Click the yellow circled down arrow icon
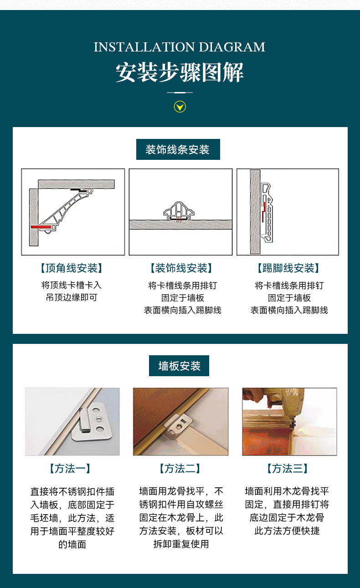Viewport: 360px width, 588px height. pos(180,107)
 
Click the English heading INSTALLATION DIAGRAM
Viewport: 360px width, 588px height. pos(180,47)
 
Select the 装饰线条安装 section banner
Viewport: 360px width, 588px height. pos(178,149)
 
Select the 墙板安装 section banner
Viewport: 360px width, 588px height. pos(179,366)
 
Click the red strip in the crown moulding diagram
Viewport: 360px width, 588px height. pos(41,227)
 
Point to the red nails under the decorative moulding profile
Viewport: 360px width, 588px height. pos(179,220)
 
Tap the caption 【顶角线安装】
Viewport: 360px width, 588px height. pos(72,268)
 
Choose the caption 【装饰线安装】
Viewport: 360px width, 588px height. pos(181,268)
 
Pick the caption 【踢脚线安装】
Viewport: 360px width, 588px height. pos(288,268)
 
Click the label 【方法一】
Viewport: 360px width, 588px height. pos(70,469)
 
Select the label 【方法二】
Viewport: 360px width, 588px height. pos(180,469)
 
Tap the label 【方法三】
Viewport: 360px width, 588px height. pos(287,469)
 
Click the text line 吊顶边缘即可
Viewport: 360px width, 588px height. pos(72,297)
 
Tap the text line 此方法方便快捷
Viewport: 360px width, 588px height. pos(287,531)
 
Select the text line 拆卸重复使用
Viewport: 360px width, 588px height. pos(181,544)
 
